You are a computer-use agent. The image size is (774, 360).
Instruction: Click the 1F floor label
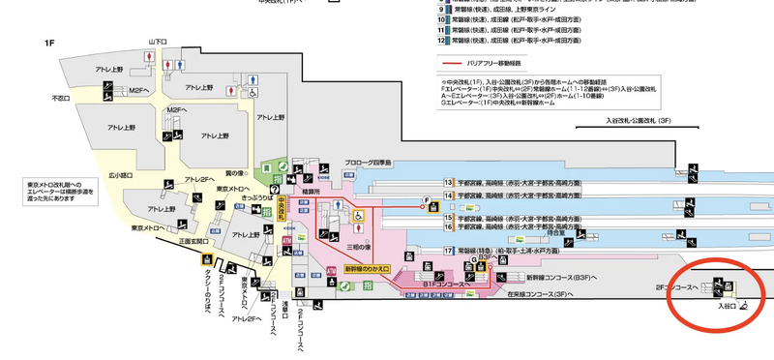[x=49, y=44]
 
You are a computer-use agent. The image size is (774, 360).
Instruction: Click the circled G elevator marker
[x=474, y=260]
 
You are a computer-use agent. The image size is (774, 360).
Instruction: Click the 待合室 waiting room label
[x=554, y=232]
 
